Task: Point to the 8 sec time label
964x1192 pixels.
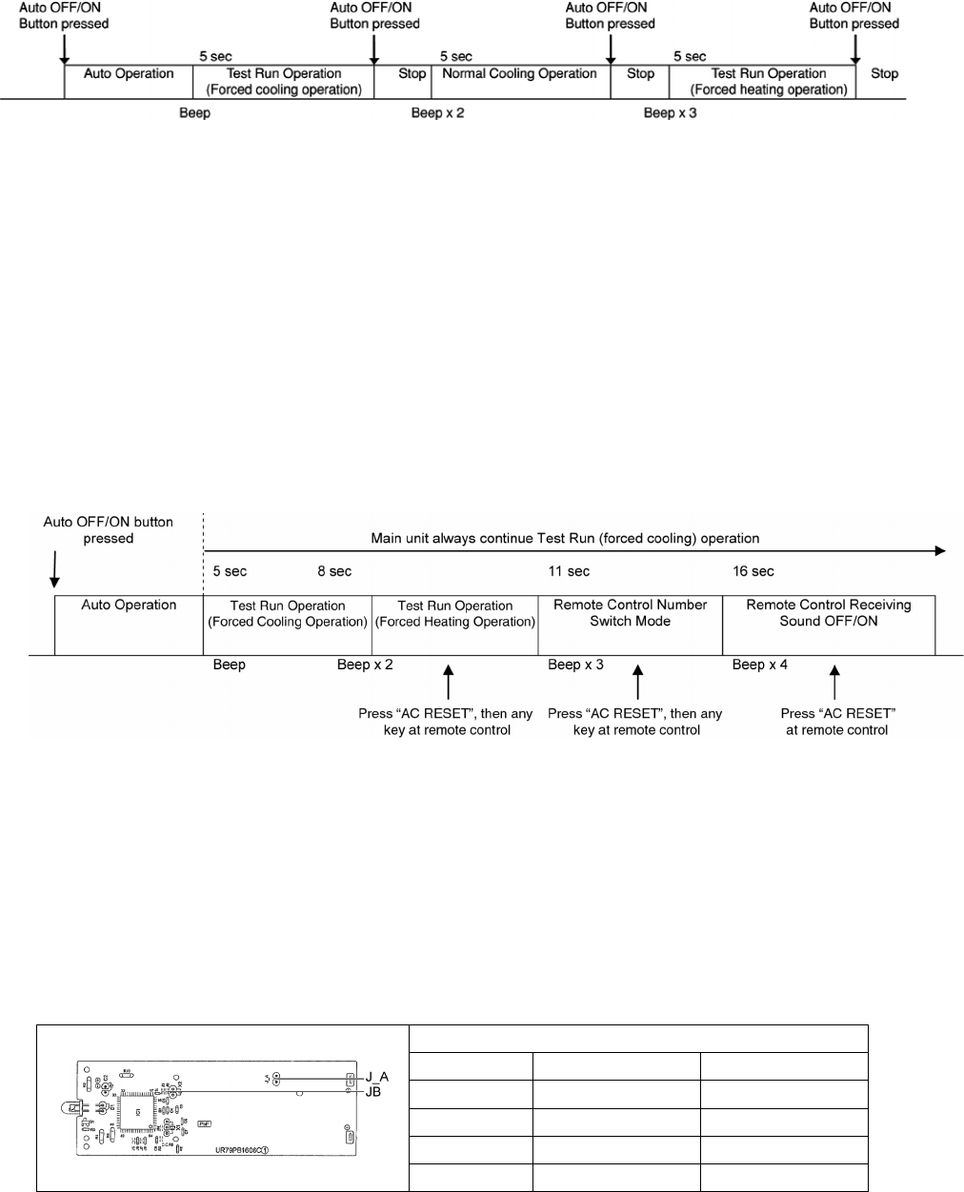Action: tap(334, 571)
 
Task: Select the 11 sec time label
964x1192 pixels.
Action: tap(569, 571)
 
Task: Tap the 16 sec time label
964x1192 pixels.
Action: tap(753, 571)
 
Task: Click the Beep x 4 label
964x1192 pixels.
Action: tap(759, 665)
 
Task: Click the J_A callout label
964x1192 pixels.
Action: tap(376, 1077)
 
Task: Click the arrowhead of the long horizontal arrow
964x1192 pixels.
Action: tap(940, 550)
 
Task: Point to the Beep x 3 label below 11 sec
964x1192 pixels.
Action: tap(575, 665)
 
